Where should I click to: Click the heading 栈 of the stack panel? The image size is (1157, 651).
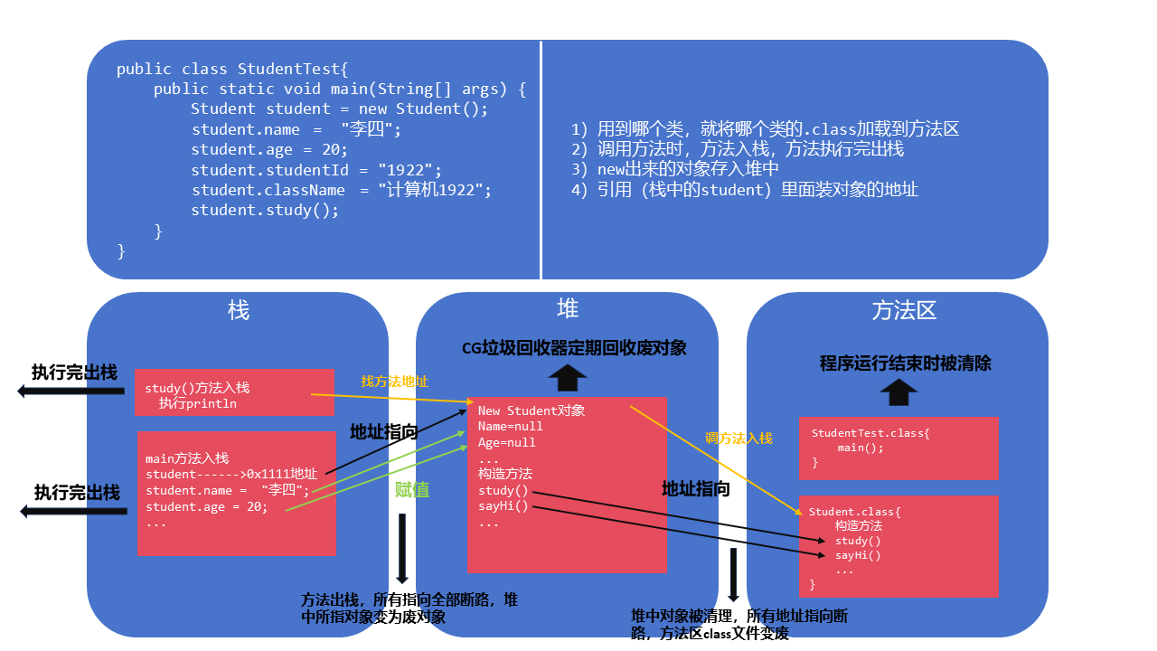pos(239,311)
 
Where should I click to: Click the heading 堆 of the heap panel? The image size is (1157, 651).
pos(568,309)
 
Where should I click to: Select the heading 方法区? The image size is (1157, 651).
pos(904,311)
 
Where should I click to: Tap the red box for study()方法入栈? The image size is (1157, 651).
pos(234,392)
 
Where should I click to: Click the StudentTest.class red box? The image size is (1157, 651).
pos(898,448)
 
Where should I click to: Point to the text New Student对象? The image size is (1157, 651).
pos(531,410)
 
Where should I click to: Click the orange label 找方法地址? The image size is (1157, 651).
pos(395,381)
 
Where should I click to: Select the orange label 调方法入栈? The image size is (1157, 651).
pos(738,439)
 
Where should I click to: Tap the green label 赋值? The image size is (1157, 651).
pos(411,490)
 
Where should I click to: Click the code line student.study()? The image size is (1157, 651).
pos(265,210)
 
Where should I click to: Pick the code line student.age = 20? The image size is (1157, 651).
pos(269,149)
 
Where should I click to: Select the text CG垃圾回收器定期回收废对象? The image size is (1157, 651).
pos(574,348)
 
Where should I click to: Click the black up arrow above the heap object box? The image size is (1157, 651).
pos(568,377)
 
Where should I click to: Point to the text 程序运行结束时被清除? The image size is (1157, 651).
pos(905,363)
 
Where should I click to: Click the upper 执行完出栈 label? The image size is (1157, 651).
pos(74,373)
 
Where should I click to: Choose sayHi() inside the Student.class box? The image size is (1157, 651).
pos(858,556)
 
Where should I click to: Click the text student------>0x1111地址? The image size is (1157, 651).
pos(231,475)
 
